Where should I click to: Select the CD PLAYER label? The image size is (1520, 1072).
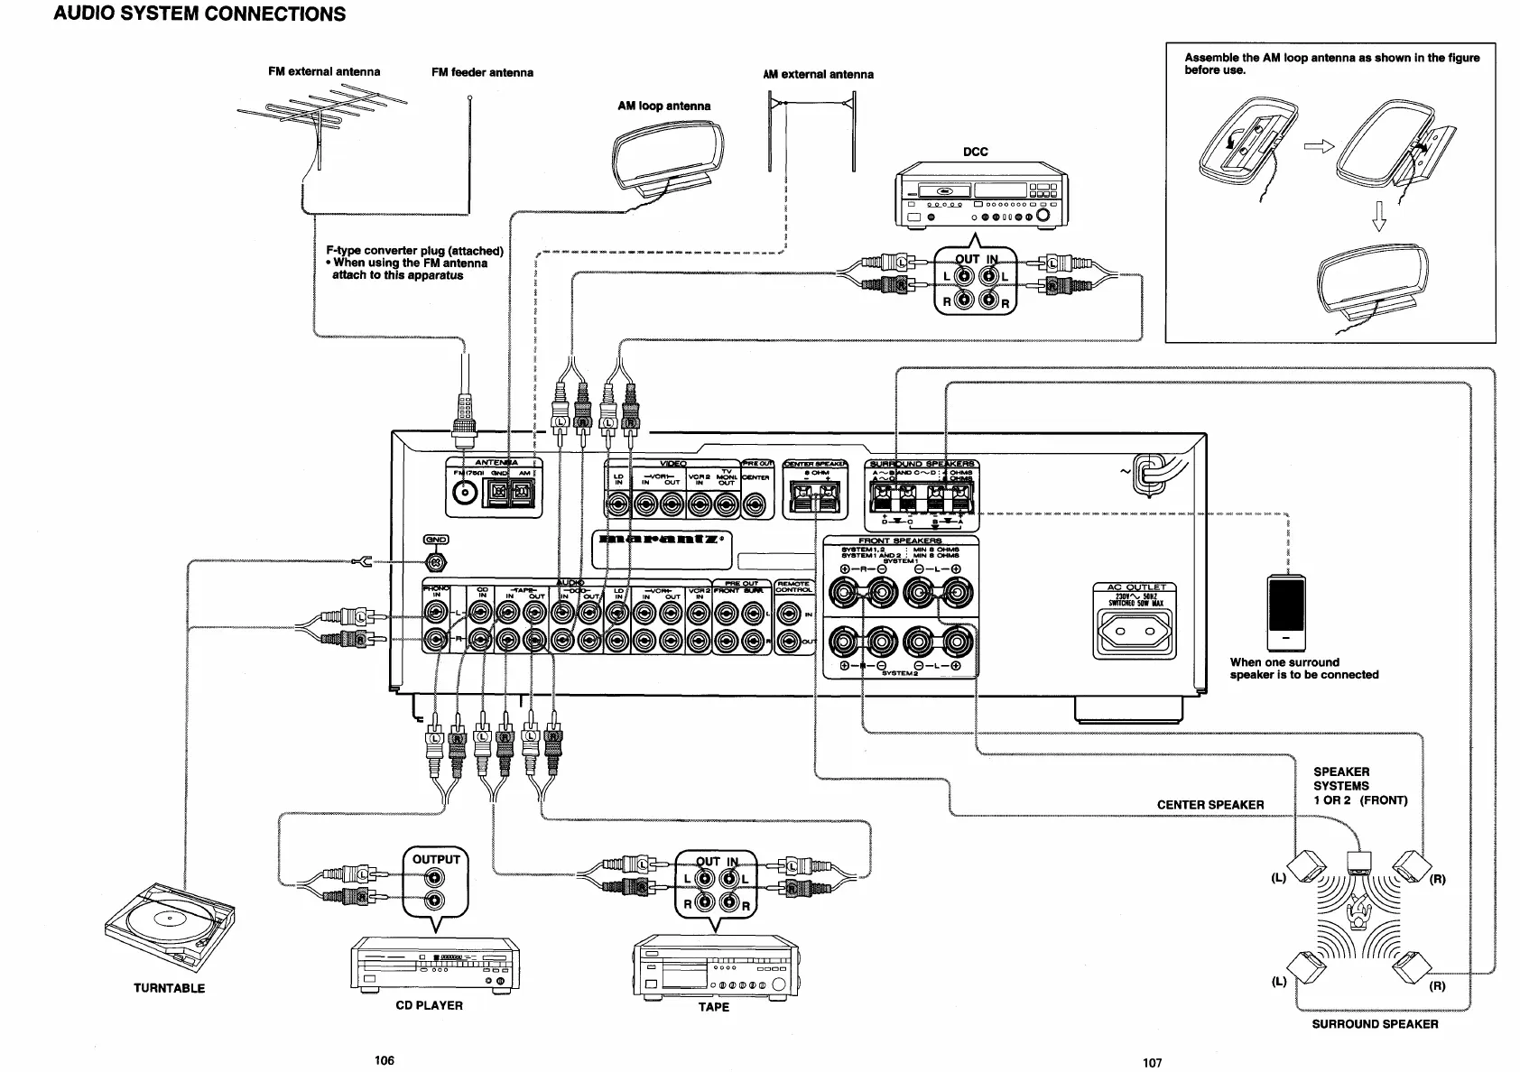pos(429,1005)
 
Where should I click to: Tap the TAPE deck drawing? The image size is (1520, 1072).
pos(716,966)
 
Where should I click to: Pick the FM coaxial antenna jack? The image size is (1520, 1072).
pos(465,493)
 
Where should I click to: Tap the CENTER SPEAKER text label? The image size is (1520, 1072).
pos(1210,805)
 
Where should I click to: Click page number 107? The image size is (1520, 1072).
pos(1152,1063)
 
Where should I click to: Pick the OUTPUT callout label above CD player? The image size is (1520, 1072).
pos(435,859)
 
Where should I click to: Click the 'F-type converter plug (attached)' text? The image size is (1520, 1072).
pos(414,251)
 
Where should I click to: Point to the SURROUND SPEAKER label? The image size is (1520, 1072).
pos(1374,1024)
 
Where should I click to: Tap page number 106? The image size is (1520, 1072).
pos(385,1060)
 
